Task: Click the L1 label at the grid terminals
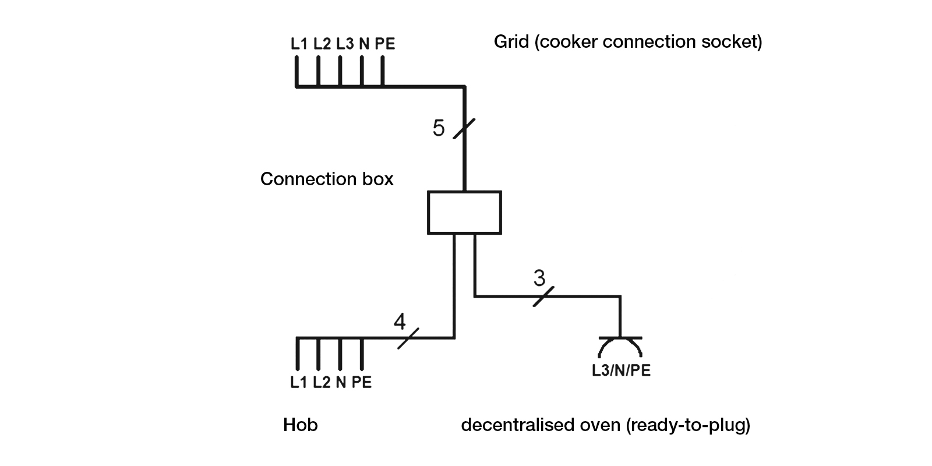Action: coord(299,44)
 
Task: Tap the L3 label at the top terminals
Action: coord(344,44)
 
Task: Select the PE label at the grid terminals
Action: coord(384,44)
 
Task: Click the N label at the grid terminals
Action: coord(364,44)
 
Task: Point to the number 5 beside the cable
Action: coord(439,128)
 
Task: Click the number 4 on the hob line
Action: coord(400,322)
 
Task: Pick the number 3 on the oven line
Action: coord(539,278)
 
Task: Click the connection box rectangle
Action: coord(464,213)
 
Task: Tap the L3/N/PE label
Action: coord(621,370)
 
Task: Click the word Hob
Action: coord(300,425)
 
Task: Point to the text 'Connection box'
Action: coord(327,179)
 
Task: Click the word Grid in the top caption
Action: coord(511,42)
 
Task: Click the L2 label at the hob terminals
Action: coord(322,382)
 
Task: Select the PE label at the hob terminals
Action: coord(362,382)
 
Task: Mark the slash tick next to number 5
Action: coord(464,128)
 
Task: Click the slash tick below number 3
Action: coord(543,296)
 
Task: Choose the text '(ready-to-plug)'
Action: coord(688,425)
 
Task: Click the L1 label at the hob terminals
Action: coord(299,382)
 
